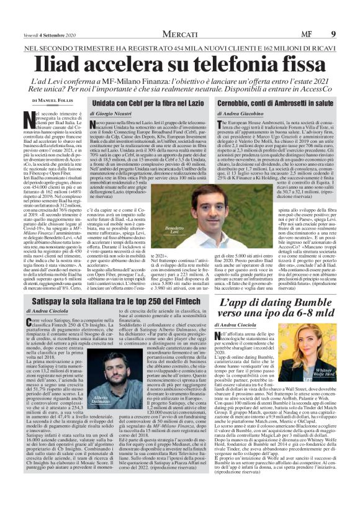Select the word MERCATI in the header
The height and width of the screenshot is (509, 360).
(x=179, y=7)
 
